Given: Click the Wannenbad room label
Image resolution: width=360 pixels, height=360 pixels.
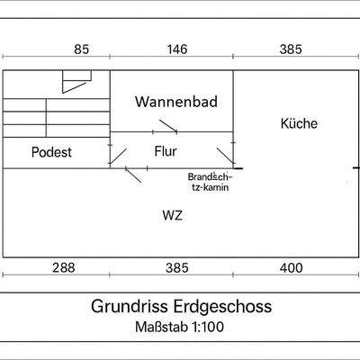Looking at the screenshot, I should pos(177,102).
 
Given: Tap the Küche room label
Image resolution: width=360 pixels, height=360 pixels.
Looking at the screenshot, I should pos(299,124).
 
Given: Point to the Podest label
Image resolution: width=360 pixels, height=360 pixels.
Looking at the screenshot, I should pos(51,152).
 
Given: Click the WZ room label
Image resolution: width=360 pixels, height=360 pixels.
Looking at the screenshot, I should pos(173,215).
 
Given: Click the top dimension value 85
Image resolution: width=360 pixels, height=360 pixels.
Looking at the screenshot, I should pos(82,49).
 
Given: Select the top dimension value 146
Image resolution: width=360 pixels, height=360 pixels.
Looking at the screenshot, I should pos(177,49).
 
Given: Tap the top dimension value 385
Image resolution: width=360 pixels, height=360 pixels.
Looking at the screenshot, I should pos(291,49).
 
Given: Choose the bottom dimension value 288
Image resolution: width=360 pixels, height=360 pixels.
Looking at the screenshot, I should pos(62,267).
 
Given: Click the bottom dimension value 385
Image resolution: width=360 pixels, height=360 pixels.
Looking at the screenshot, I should pos(177,267).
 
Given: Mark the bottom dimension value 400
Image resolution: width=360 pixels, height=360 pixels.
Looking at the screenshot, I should pos(291,267).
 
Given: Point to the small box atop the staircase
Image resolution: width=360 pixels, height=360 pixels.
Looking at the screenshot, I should pos(73,83).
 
